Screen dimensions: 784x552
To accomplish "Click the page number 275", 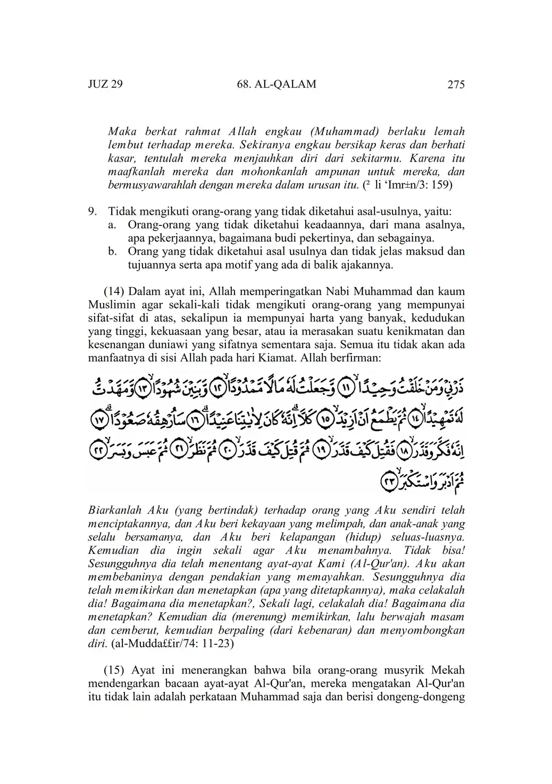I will (456, 85).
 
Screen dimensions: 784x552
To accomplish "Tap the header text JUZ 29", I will (105, 85).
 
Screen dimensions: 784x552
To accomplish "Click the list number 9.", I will (93, 212).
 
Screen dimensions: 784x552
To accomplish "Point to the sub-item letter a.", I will (112, 225).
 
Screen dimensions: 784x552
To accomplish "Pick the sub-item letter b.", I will (112, 251).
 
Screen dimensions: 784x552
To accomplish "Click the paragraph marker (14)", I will (114, 291).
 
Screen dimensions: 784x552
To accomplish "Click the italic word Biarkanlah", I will (114, 510).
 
